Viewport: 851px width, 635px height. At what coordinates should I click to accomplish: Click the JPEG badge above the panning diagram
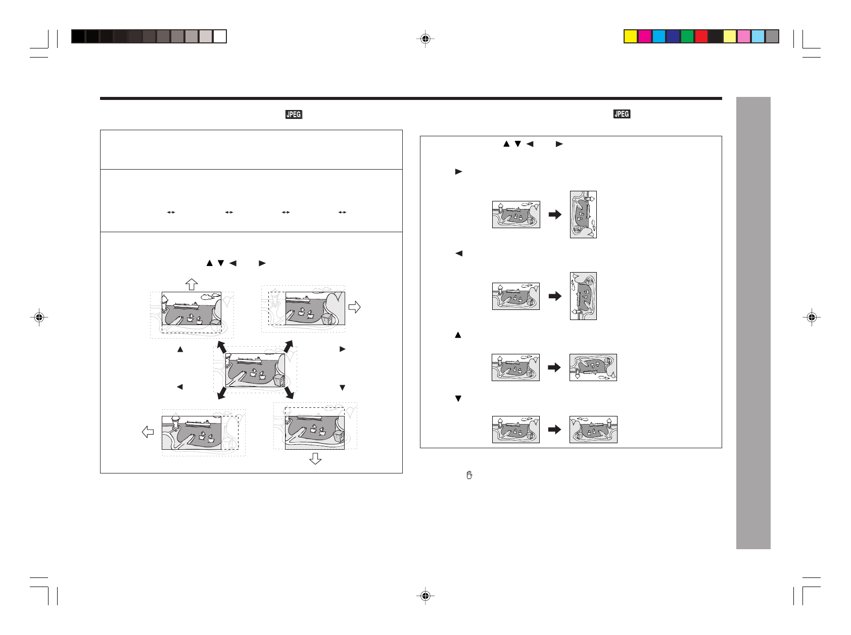click(x=294, y=115)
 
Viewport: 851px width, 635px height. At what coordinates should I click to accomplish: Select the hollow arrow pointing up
click(x=191, y=284)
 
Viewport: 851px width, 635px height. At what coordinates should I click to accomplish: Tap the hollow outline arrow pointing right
click(x=355, y=307)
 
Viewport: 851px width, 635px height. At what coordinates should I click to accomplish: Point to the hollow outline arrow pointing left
click(x=148, y=432)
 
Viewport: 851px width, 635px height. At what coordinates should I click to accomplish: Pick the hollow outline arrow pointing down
click(x=315, y=458)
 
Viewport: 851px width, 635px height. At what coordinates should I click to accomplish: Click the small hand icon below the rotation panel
click(x=469, y=475)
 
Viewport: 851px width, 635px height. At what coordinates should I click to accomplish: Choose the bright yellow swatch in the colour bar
click(x=630, y=36)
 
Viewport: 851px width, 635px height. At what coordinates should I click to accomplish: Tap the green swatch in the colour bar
click(x=687, y=36)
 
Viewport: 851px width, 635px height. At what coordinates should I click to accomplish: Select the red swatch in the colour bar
click(x=701, y=36)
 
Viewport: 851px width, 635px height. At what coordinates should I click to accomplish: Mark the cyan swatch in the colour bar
click(x=658, y=36)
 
